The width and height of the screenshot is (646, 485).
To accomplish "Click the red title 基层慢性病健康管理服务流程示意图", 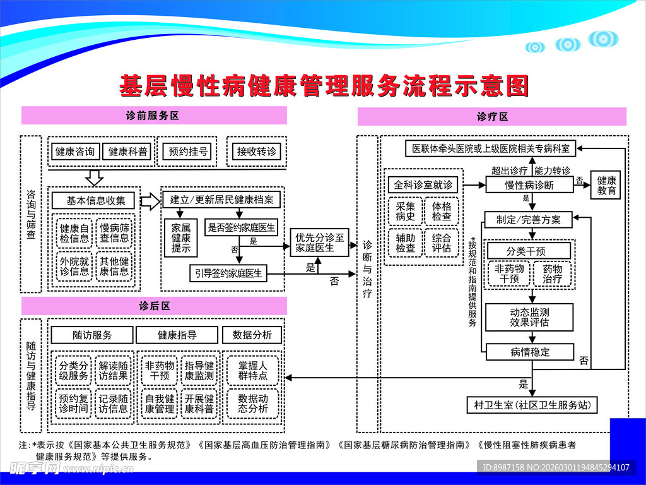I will pos(323,85).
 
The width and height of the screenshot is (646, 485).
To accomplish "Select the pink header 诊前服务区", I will pos(154,116).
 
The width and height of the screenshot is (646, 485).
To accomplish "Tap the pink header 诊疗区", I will pos(492,116).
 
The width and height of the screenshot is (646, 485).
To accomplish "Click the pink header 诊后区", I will pos(154,306).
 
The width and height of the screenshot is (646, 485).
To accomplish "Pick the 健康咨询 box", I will pos(74,152).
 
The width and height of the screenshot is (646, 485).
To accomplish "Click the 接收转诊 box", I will pos(256,152).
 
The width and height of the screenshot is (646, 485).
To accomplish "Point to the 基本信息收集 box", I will pos(93,201).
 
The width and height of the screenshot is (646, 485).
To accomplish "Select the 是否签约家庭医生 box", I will pos(241,227).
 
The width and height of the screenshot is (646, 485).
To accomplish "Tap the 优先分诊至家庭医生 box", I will pos(320,242).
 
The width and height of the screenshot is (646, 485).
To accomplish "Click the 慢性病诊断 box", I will pos(529,185).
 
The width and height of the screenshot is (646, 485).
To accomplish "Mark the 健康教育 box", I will pos(606,185).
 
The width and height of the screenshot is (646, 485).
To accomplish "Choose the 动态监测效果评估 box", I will pos(529,317).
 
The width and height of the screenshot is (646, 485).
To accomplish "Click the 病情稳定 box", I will pos(529,352).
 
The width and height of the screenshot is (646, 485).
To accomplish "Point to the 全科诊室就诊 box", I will pos(423,185).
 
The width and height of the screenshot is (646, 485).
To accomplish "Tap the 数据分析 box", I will pos(252,335).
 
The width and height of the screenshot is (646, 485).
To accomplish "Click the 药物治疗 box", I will pos(553,273).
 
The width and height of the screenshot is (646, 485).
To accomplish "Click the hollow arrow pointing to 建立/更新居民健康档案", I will pos(150,201).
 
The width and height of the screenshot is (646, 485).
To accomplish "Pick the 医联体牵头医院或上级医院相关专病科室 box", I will pos(490,148).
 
